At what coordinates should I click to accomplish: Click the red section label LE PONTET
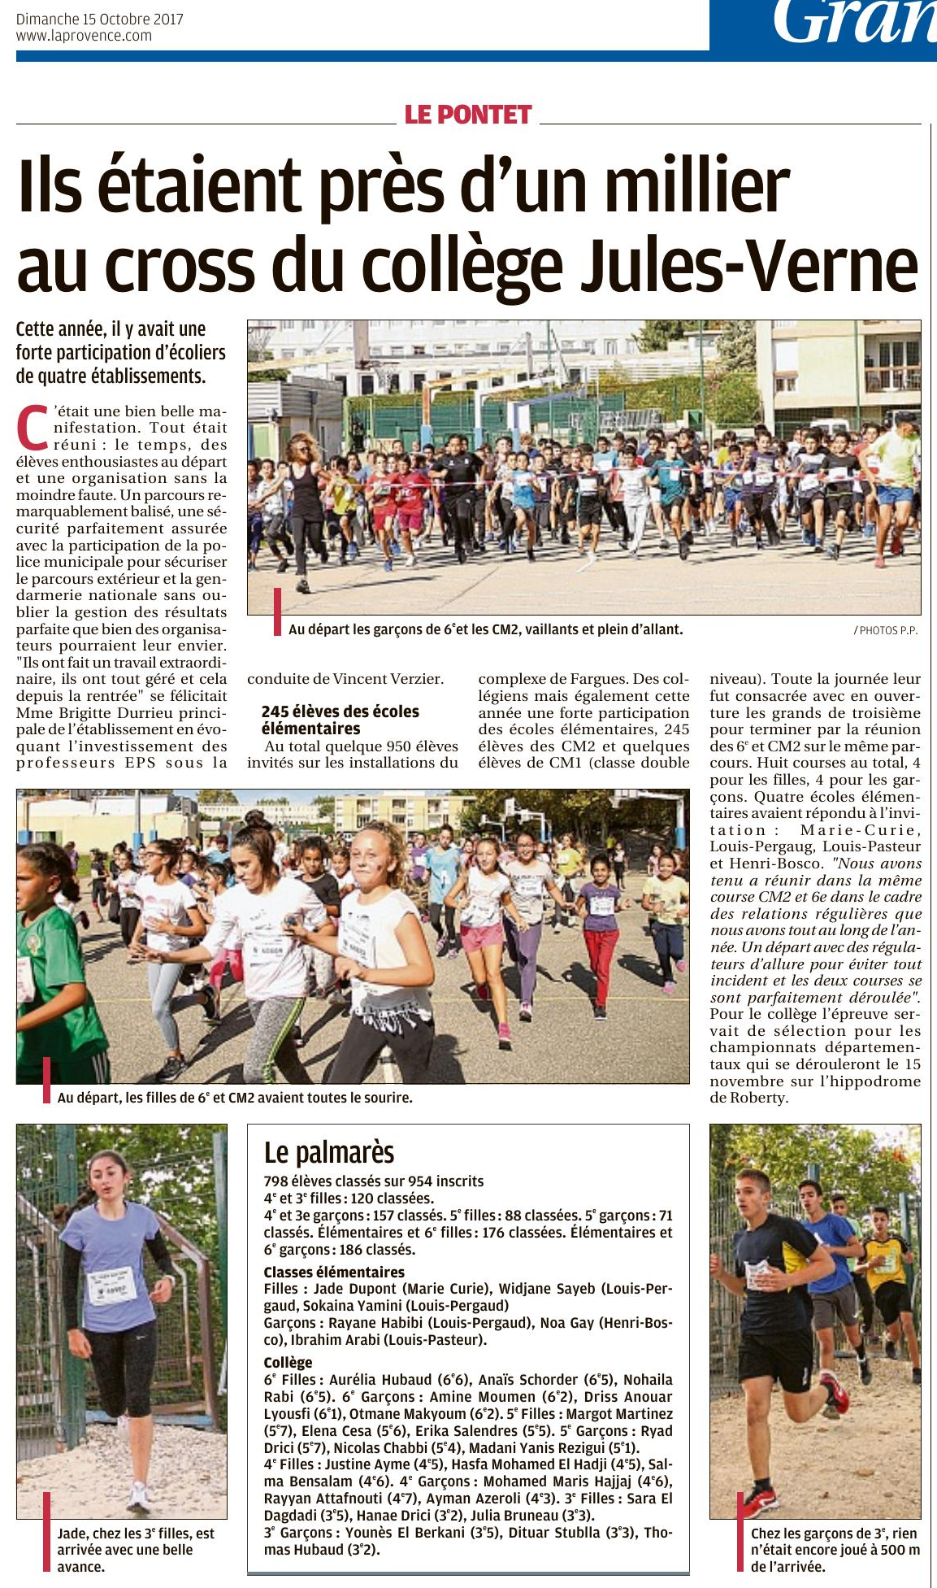[467, 115]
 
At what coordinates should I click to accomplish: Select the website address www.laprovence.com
[84, 36]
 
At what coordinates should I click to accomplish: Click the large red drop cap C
[33, 429]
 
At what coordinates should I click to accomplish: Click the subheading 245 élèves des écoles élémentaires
[340, 720]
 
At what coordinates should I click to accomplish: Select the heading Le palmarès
[329, 1152]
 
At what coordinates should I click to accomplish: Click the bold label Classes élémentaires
[334, 1272]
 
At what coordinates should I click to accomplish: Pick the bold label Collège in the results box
[288, 1362]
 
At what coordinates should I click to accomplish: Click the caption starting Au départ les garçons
[485, 629]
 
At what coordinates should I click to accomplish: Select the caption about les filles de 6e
[235, 1098]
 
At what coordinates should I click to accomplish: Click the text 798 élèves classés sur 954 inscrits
[374, 1181]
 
